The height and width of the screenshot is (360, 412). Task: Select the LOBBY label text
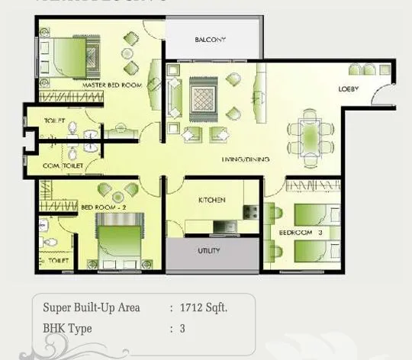349,89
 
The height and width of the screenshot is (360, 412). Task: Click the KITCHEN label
211,200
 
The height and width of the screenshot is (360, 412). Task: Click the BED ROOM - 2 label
98,207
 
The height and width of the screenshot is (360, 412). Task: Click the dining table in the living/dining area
311,131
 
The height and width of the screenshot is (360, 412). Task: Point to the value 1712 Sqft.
204,308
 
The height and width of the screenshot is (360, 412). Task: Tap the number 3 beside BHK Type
182,329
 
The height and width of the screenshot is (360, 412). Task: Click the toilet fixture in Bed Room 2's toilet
50,243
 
